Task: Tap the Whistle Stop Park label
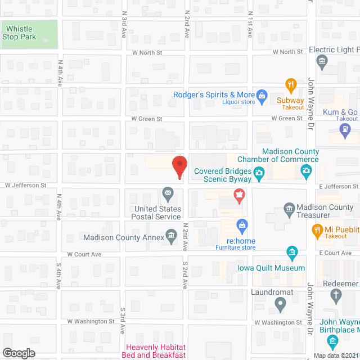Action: tap(19, 33)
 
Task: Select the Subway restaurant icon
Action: tap(291, 86)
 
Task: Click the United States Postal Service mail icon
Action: tap(168, 195)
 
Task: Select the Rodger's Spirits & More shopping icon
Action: tap(262, 95)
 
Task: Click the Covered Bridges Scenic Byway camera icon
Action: tap(259, 172)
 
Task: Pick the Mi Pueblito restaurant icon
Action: tap(317, 229)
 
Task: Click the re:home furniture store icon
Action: tap(241, 226)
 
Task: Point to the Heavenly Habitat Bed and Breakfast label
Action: tap(155, 351)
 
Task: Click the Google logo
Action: tap(18, 353)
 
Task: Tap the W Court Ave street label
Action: tap(84, 254)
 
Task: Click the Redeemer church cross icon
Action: tap(336, 295)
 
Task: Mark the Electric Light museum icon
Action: tap(322, 61)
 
